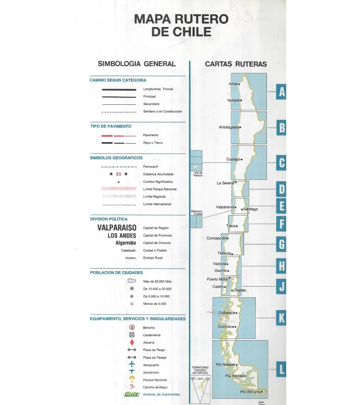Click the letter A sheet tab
tap(282, 92)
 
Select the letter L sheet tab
tap(282, 369)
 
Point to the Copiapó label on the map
tap(233, 159)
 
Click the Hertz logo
tap(132, 394)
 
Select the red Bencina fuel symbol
tap(132, 328)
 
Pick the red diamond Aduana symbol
tap(132, 342)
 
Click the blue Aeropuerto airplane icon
tap(132, 364)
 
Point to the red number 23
tap(119, 174)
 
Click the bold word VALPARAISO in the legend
tap(117, 228)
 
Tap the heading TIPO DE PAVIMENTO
tap(111, 126)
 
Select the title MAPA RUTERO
tap(181, 19)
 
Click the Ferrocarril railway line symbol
tap(119, 166)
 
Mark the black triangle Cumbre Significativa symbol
tap(119, 182)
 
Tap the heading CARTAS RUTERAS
tap(236, 64)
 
